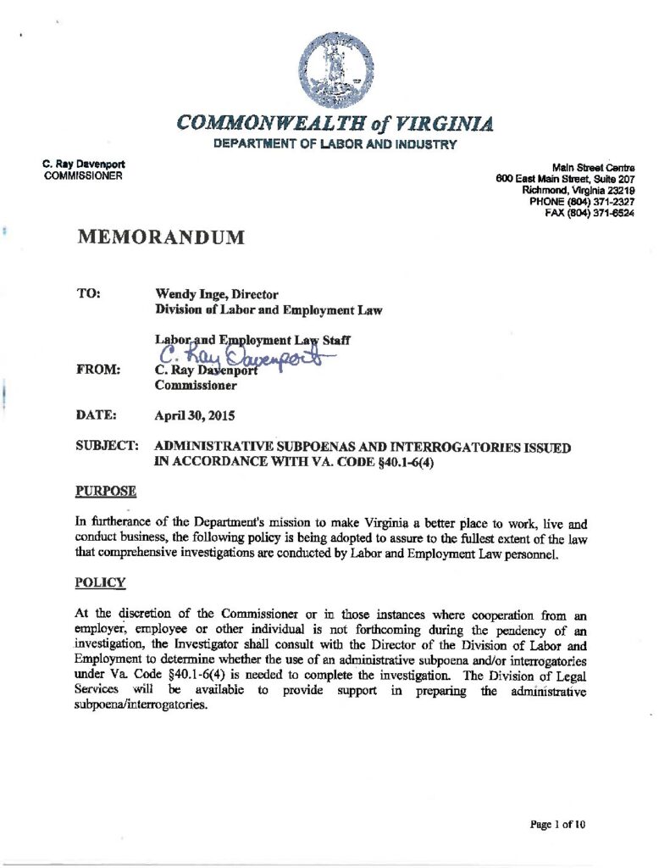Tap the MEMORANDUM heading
[x=161, y=237]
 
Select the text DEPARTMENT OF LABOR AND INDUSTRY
[x=335, y=145]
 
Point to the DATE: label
[x=94, y=417]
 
